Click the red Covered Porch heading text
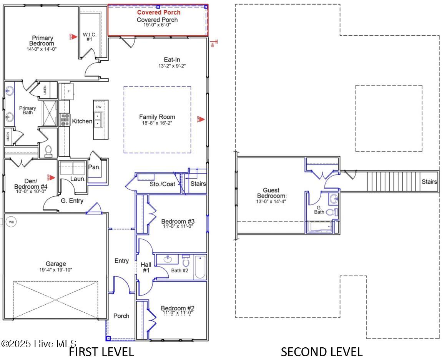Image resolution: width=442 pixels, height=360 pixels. coord(158,12)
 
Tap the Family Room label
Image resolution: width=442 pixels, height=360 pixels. coord(157,117)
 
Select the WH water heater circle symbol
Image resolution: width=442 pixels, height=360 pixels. coord(12,222)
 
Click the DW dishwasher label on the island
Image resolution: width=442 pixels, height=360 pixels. coord(99,107)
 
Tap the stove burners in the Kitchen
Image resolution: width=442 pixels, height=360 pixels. coord(65,120)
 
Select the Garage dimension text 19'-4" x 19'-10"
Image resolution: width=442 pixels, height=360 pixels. coord(56,270)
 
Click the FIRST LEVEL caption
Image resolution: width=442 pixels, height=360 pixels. coord(101,352)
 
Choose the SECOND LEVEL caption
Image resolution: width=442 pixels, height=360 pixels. coord(321,352)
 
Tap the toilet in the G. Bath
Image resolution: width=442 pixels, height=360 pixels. coord(331,212)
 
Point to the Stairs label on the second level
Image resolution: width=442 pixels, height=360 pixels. coord(429,182)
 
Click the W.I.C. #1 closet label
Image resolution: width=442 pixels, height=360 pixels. coord(89,36)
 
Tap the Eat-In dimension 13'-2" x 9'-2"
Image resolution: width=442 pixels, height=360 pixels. coord(172,66)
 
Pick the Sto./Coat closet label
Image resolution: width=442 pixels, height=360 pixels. coord(162,184)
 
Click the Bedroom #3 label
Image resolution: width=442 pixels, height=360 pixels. coord(178,221)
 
